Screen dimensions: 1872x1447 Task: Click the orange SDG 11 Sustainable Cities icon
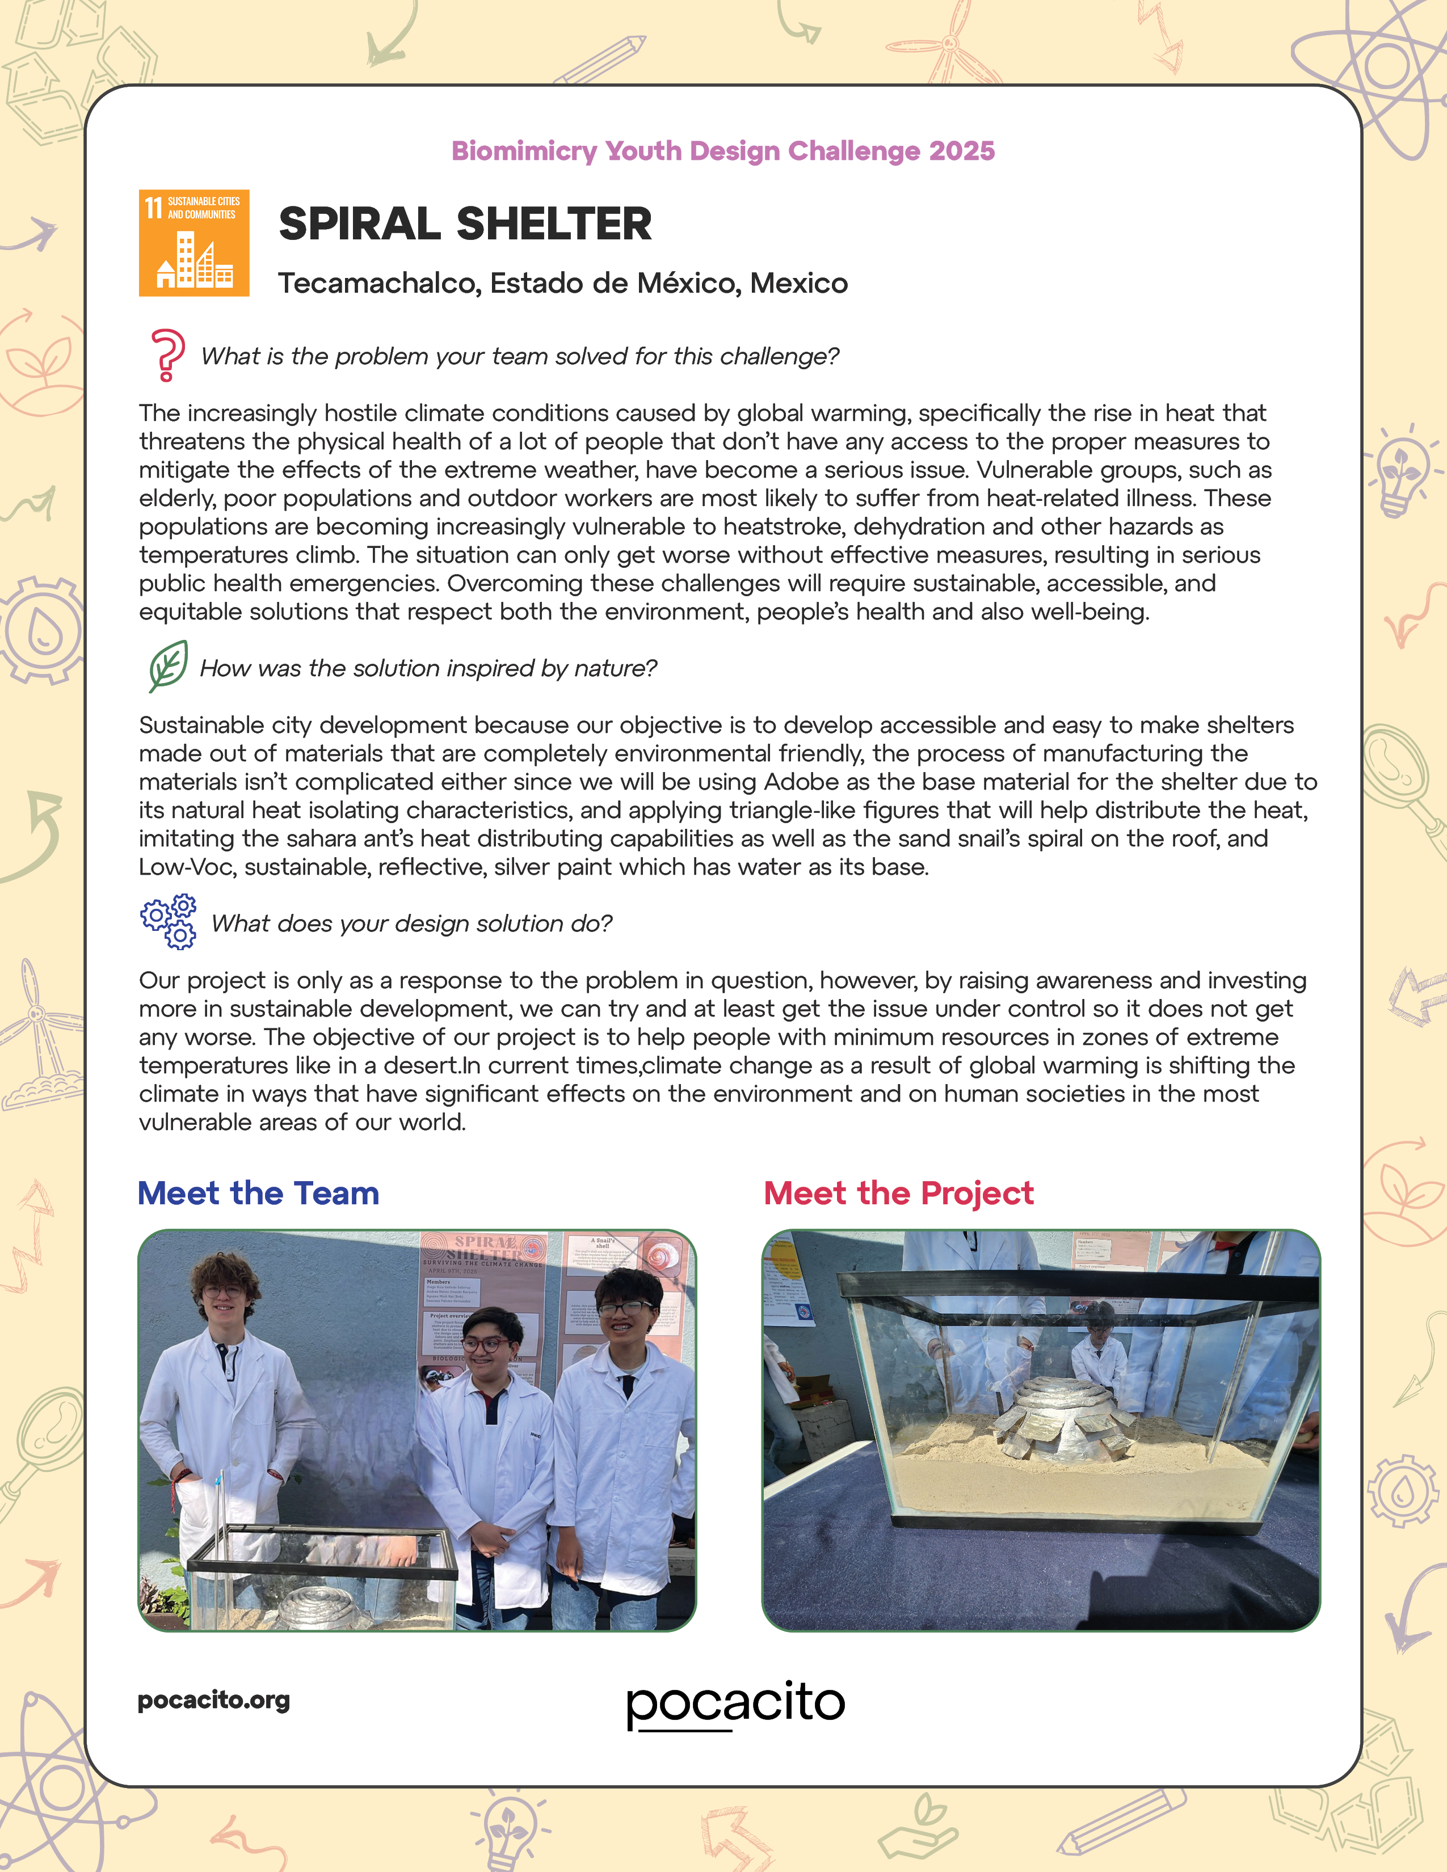pos(194,243)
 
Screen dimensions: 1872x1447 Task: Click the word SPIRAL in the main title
pos(360,225)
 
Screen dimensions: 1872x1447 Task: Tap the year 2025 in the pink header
pos(962,151)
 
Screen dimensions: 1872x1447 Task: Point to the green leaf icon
pos(168,665)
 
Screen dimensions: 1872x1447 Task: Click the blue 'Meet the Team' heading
pos(258,1192)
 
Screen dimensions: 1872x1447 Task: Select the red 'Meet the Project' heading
pos(898,1192)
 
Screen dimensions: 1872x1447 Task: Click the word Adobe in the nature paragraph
pos(801,782)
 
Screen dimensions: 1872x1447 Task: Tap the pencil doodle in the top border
pos(600,58)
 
